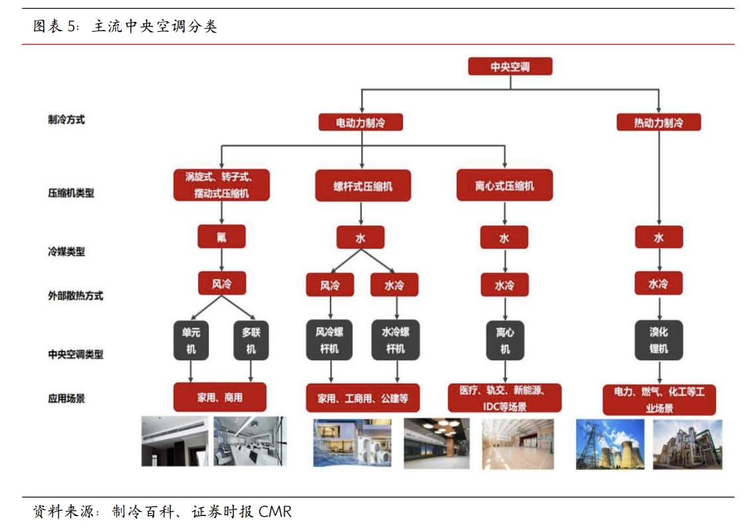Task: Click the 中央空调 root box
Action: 510,66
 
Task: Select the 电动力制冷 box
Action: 360,123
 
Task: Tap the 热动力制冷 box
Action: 658,123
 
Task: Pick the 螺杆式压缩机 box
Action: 362,186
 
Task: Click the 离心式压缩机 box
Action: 504,186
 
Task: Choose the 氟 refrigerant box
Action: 221,237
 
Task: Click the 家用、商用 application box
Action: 220,397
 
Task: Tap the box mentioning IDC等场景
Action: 504,398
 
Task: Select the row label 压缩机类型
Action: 71,193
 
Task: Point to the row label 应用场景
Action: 66,399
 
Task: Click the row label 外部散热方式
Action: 76,295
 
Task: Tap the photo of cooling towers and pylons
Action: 609,443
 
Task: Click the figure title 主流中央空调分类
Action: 154,27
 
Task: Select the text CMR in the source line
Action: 275,512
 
